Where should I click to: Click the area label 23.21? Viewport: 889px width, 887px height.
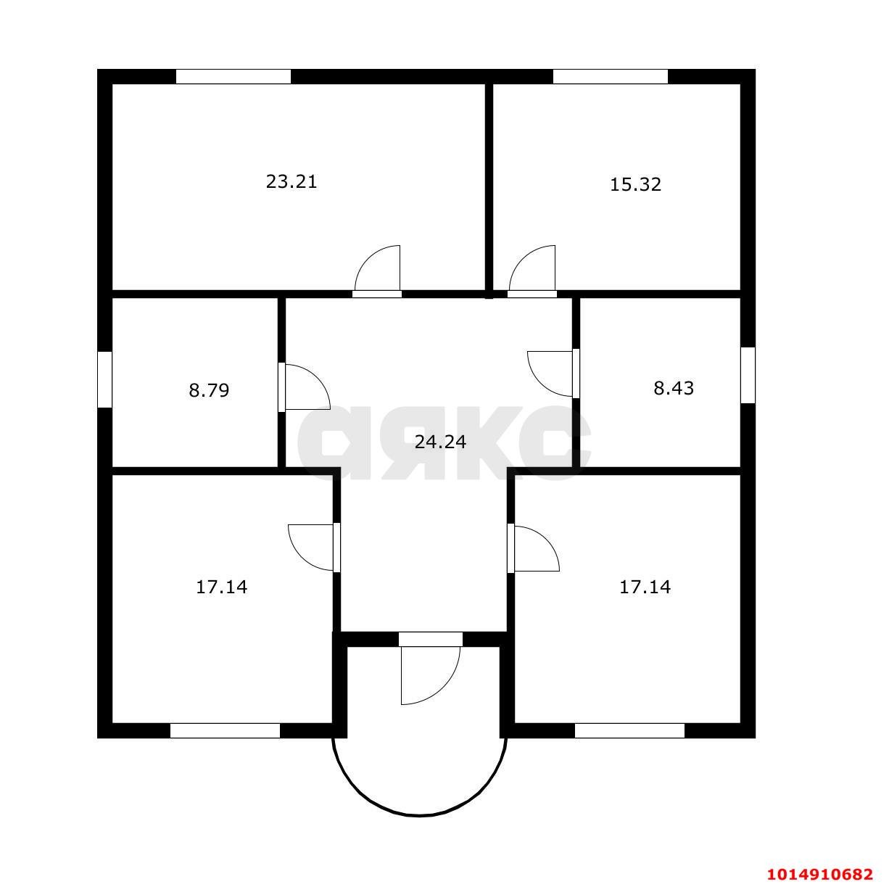[291, 181]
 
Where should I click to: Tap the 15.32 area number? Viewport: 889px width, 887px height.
[635, 184]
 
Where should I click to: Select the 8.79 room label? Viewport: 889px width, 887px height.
[209, 391]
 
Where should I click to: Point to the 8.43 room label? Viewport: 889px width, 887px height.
[674, 388]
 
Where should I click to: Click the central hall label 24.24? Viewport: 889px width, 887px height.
[440, 441]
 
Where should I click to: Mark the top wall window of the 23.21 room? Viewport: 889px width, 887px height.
[233, 76]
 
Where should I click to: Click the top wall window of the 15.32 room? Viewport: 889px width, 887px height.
[610, 76]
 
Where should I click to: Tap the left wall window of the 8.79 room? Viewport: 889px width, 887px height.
[104, 379]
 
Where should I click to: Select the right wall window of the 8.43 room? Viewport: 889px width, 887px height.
[748, 374]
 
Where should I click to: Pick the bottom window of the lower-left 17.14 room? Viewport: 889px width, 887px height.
[225, 730]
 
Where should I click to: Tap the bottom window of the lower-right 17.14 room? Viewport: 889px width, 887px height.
[629, 730]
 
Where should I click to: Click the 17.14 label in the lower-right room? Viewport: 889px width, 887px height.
[645, 587]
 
